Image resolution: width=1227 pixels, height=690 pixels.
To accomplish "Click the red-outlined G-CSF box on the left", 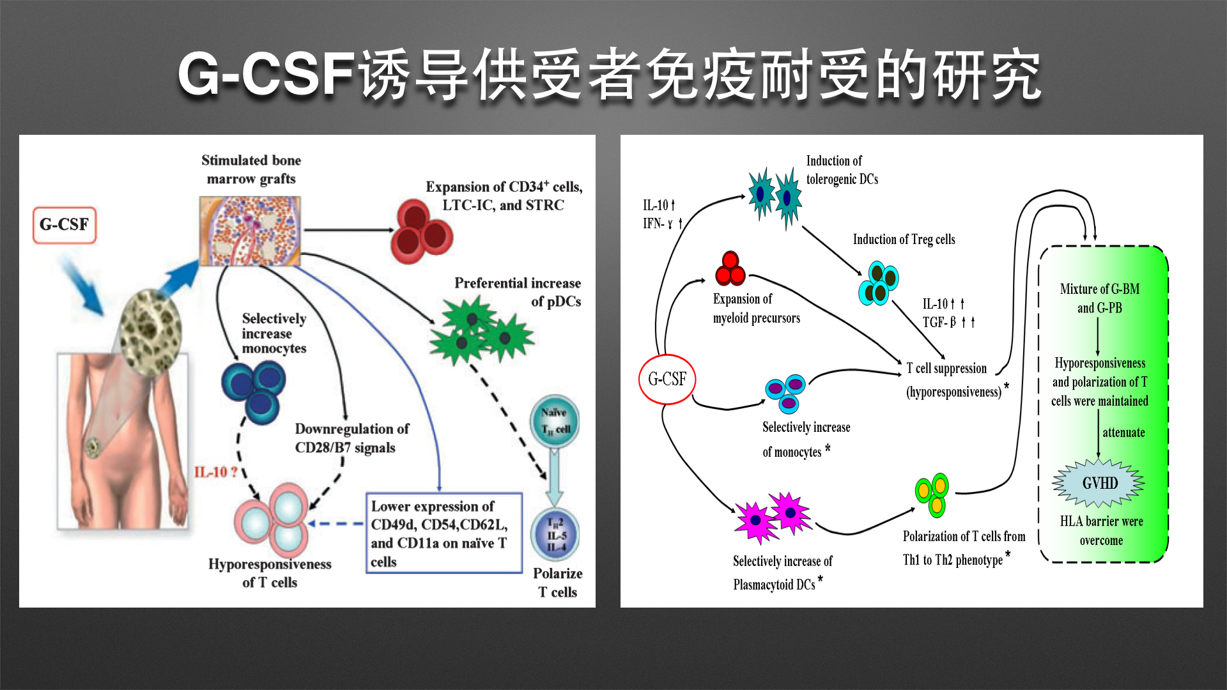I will (x=64, y=225).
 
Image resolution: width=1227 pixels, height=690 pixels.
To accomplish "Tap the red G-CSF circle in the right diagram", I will (x=667, y=379).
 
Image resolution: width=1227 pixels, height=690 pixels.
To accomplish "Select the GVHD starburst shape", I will (x=1099, y=483).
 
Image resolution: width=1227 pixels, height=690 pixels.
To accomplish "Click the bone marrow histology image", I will (x=250, y=231).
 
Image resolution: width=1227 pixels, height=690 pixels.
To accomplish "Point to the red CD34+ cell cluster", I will (x=422, y=232).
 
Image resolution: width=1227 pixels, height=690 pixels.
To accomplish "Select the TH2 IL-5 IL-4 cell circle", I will (x=555, y=535).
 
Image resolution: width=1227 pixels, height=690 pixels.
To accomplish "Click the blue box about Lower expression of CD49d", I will (x=444, y=533).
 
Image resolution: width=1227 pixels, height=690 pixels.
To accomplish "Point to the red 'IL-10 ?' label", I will (x=216, y=472).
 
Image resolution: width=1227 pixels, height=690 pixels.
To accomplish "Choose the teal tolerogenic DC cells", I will (x=775, y=195).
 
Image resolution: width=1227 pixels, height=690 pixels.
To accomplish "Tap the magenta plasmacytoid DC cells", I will (x=773, y=516).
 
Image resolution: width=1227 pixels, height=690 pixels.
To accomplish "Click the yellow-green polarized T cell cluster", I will (x=932, y=494).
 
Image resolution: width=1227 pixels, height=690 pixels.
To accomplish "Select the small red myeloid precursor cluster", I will (x=730, y=269).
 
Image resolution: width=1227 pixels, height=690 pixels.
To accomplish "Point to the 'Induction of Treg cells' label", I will (x=904, y=240).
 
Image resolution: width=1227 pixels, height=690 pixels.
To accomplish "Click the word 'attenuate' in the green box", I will (x=1123, y=433).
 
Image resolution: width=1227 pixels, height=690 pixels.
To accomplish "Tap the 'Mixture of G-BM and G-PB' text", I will (x=1099, y=298).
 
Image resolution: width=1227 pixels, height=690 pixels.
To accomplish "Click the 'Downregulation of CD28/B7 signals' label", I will (x=351, y=438).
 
